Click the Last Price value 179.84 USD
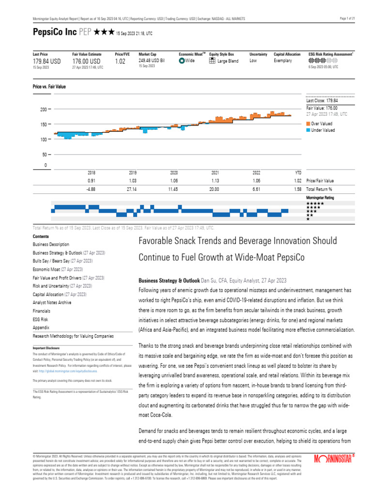tap(46, 62)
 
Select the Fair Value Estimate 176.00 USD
tap(86, 62)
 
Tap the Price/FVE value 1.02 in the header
tap(121, 62)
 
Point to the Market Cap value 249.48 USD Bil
tap(152, 61)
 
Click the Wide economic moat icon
tap(182, 61)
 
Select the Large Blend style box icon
tap(212, 61)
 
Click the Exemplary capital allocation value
tap(283, 61)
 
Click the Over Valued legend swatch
tap(308, 124)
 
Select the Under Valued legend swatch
tap(308, 130)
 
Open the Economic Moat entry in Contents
tap(51, 269)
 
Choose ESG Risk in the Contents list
tap(41, 319)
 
